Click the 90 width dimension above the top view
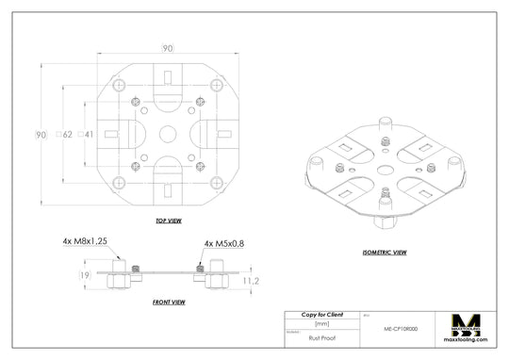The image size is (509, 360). tap(168, 48)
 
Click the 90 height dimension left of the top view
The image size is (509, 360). tap(41, 135)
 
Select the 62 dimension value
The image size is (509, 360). tap(67, 135)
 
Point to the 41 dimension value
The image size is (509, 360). tap(89, 135)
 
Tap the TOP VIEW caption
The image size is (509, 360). tap(169, 221)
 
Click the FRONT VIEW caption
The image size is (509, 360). tap(168, 303)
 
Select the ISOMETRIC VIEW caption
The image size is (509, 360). tap(384, 253)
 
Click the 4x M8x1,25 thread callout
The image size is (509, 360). tap(85, 242)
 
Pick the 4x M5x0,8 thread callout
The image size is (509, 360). tap(223, 243)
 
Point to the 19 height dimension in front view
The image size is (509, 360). tap(84, 275)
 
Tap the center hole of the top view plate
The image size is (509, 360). tap(168, 135)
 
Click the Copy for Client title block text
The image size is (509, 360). tap(321, 314)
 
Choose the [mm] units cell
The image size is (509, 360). tap(321, 323)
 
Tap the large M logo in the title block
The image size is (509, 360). tap(468, 324)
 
